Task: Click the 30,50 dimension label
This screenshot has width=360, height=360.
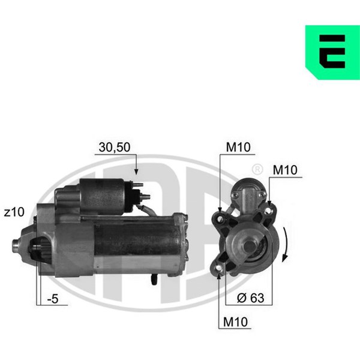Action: point(115,147)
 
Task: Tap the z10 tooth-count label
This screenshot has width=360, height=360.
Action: point(14,212)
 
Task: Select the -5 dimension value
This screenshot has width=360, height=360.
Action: point(53,299)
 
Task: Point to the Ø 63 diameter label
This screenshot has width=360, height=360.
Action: point(250,298)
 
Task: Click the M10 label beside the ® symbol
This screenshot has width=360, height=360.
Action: point(285,170)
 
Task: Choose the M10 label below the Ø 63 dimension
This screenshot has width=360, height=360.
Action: point(235,322)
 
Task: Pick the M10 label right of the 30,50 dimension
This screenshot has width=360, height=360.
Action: point(238,147)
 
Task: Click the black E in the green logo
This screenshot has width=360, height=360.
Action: point(332,52)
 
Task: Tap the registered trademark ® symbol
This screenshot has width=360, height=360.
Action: point(257,169)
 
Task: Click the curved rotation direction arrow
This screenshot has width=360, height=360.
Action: point(286,244)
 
